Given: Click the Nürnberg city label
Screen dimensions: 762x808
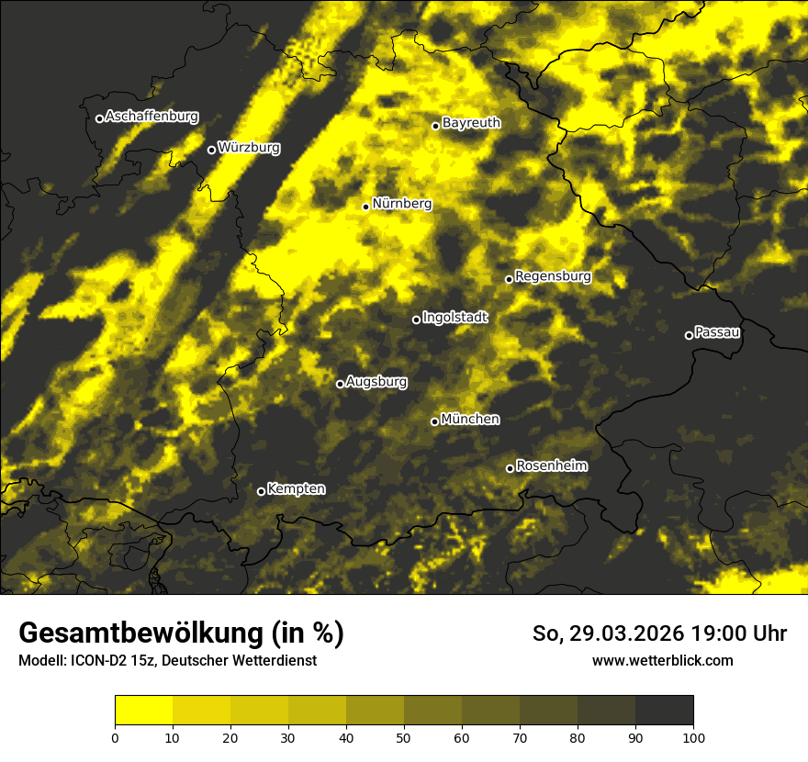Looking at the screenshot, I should [402, 204].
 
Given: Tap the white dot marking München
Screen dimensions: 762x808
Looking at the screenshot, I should [435, 421].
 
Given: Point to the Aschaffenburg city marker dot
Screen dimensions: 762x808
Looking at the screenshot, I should [99, 118].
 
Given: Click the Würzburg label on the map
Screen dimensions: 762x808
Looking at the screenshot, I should [249, 147].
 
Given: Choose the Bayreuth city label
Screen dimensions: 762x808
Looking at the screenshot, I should [471, 122].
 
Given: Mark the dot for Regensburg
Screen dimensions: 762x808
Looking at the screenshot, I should [509, 279].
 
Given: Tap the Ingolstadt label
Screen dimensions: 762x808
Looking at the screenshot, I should [455, 317].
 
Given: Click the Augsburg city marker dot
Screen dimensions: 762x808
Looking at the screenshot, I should [340, 384].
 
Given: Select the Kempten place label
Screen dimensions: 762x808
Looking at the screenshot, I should [297, 488].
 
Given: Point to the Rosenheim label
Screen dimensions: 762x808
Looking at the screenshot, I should [552, 465].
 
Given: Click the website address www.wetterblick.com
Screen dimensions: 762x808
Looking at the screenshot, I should [663, 660].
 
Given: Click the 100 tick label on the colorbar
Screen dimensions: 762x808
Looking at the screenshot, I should [693, 736].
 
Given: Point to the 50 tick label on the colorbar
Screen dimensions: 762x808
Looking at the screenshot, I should [404, 736].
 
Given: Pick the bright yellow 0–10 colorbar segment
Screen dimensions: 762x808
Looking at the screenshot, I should [144, 711].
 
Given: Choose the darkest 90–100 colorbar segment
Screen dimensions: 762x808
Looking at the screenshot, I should [664, 711].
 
